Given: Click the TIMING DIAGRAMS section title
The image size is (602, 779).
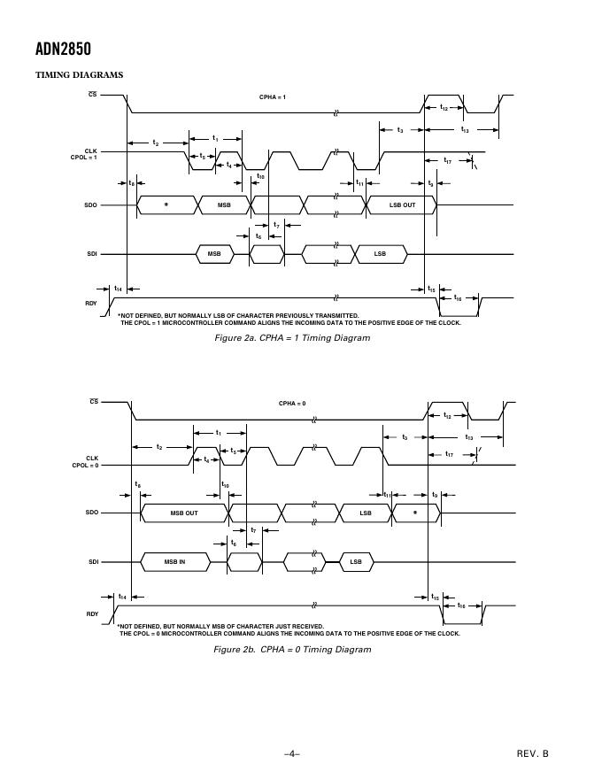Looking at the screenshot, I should pos(79,75).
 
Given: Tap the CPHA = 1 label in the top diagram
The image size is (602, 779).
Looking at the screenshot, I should pos(273,96).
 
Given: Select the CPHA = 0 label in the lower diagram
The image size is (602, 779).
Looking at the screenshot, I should pos(292,404).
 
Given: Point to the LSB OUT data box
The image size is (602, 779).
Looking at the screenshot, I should pos(402,205).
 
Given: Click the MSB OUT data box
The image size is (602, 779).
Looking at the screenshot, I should pos(184,513).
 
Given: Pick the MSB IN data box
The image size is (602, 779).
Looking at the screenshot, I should pos(174,562).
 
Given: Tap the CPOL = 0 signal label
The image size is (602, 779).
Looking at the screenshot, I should pos(85,465).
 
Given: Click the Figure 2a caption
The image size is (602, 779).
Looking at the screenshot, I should pos(292,338).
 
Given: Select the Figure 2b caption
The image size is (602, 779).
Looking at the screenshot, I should pos(292,650).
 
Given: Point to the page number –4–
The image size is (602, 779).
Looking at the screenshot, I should pos(292,753).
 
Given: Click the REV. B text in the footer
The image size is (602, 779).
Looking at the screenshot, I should pos(533,753).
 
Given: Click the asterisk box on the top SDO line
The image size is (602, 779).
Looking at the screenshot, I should pos(166,205).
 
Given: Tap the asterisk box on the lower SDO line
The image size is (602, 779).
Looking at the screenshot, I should pos(414,513).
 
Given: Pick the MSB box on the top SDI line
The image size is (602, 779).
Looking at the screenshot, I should pos(214,254).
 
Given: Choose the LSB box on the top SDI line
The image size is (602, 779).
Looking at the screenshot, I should pos(380,254).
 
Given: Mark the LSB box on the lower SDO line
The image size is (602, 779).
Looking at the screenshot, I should pos(366,513).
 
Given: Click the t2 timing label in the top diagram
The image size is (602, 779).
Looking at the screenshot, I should pos(156,143).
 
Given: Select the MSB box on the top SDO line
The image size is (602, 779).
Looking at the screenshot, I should pos(224,205).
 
